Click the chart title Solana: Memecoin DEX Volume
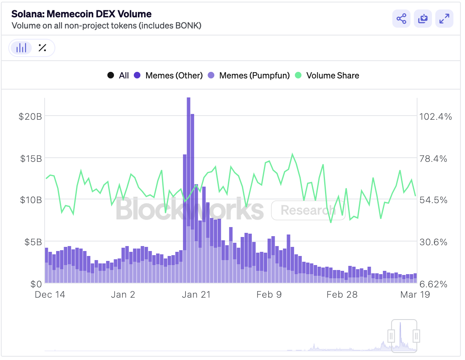(x=81, y=14)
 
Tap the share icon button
(x=401, y=19)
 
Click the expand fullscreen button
(x=444, y=19)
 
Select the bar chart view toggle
(x=21, y=48)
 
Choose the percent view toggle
(x=42, y=48)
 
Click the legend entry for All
(x=118, y=76)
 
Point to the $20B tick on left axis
(x=30, y=116)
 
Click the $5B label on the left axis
(x=33, y=242)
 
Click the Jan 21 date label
(x=196, y=294)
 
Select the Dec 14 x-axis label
(x=50, y=294)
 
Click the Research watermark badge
(x=308, y=210)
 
